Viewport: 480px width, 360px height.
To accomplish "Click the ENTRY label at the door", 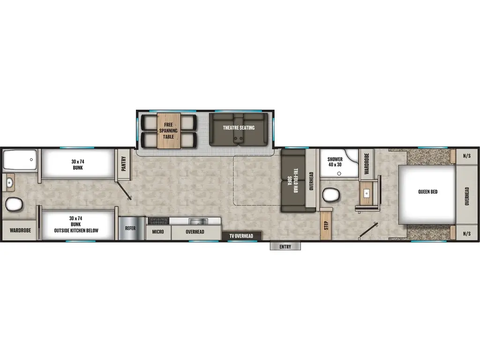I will (x=285, y=247).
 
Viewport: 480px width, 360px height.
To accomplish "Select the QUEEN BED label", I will (x=427, y=191).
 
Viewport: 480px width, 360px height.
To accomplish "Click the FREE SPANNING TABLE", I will (x=168, y=130).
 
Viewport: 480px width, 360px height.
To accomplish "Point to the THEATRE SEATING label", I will (x=239, y=128).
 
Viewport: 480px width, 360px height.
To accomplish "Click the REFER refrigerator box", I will (x=130, y=228).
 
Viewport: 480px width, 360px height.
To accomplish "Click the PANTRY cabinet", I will (x=124, y=164).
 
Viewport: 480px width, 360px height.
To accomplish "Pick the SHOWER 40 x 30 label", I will (x=335, y=162).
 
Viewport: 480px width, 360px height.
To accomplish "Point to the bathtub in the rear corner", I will (x=20, y=160).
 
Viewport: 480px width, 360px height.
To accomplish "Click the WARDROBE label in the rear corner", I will (x=20, y=231).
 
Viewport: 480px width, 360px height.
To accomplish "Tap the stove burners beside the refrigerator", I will (x=159, y=220).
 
